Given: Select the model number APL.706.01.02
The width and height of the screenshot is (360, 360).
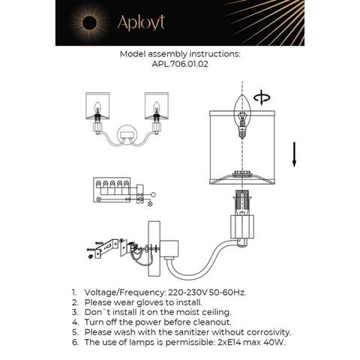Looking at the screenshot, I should (180, 65).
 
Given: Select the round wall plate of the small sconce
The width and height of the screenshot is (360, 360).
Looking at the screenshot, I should (129, 138).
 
